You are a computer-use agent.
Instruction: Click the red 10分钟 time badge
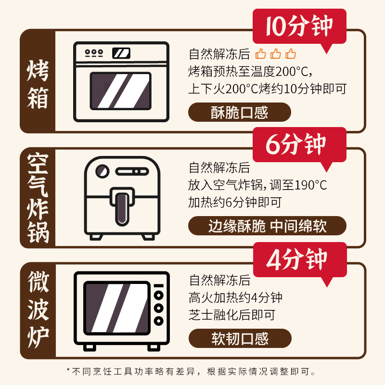click(x=299, y=26)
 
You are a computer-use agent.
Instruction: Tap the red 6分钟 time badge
click(x=299, y=145)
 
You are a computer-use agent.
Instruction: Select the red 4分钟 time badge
click(x=300, y=260)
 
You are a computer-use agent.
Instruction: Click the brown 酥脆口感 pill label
click(x=240, y=112)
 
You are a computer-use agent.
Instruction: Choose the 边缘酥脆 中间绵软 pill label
click(x=268, y=226)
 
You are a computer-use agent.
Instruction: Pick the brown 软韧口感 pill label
click(x=240, y=338)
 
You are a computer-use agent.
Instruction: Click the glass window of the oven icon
click(x=121, y=91)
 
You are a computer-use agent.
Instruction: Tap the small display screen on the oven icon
click(x=121, y=53)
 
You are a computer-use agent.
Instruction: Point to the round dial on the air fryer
click(x=103, y=171)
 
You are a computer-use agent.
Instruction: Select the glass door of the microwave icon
click(x=117, y=308)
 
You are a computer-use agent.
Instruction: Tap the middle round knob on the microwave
click(x=159, y=308)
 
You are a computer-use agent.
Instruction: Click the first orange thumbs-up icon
click(x=260, y=54)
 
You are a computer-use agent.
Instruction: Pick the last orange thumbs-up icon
click(x=291, y=54)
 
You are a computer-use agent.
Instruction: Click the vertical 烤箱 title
click(x=38, y=85)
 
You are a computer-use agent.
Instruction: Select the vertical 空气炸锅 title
click(x=38, y=198)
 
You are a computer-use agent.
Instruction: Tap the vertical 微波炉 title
click(x=38, y=309)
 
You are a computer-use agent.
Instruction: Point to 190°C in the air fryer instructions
click(x=310, y=185)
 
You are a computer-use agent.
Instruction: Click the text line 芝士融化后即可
click(x=232, y=315)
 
